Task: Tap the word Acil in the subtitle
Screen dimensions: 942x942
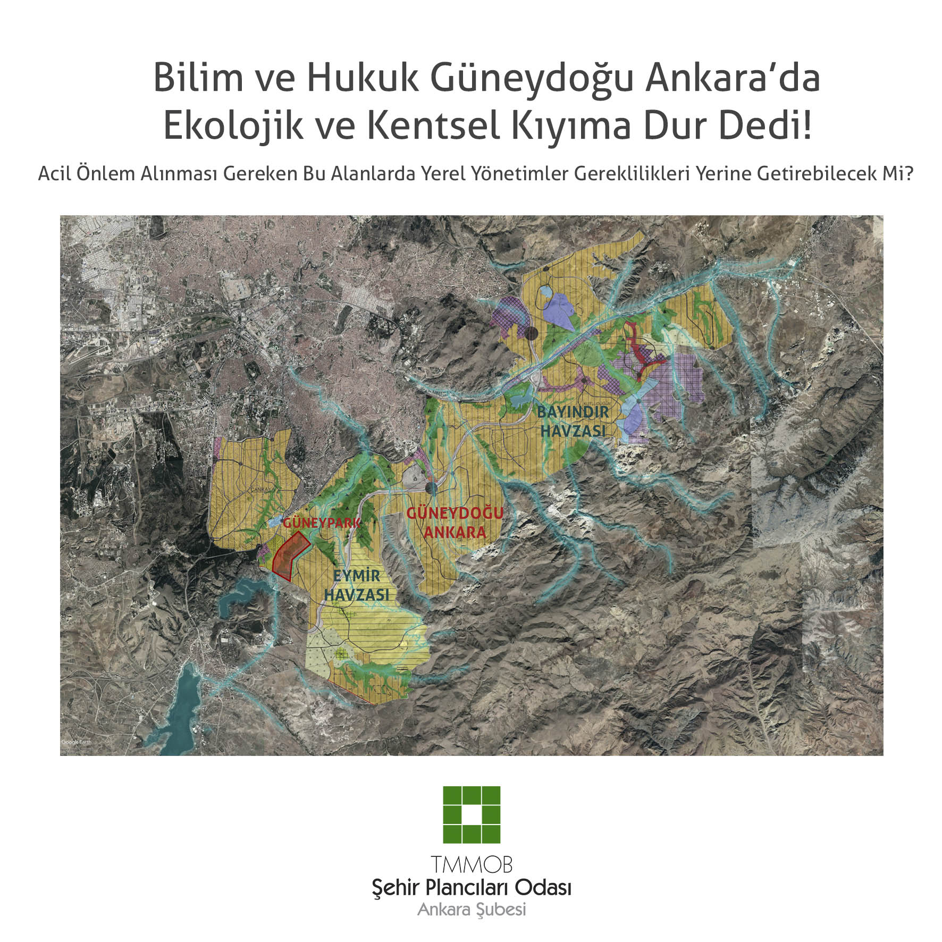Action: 55,174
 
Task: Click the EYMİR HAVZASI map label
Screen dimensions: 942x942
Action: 357,585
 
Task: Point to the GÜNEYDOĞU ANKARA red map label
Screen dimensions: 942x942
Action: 455,523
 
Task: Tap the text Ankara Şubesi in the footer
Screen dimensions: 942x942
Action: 472,910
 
